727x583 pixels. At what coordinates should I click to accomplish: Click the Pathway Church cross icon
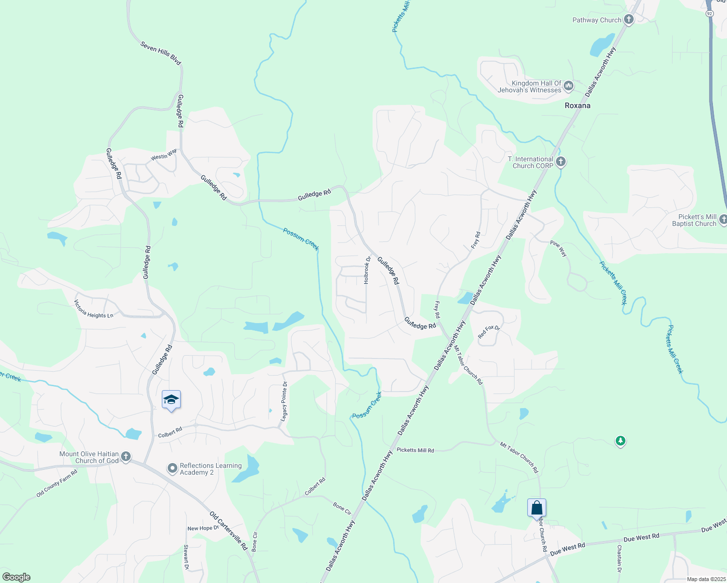point(629,20)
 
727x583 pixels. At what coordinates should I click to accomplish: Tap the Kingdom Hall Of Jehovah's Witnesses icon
point(568,86)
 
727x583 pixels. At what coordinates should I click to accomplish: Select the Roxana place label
point(577,105)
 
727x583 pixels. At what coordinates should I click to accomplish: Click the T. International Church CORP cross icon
point(561,162)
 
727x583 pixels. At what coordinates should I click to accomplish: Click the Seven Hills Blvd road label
point(160,53)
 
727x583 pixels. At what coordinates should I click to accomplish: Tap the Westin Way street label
point(164,154)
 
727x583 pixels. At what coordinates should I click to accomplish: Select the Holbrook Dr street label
point(367,271)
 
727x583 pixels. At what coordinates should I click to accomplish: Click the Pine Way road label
point(558,248)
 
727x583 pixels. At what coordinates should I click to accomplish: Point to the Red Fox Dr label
point(489,332)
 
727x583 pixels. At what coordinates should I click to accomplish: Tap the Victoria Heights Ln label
point(93,309)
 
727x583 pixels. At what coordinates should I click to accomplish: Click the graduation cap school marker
point(171,400)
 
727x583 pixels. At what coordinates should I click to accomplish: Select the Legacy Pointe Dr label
point(285,401)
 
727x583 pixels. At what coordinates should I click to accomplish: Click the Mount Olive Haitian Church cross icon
point(126,456)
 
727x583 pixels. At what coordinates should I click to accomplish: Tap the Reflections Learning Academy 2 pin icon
point(172,468)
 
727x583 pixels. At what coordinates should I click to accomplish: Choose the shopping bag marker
point(537,508)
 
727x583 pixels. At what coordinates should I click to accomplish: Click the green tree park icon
point(620,441)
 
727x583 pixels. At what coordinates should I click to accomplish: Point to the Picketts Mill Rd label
point(415,450)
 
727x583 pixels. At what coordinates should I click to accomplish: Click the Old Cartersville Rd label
point(228,530)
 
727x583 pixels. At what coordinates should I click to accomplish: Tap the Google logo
point(17,577)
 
